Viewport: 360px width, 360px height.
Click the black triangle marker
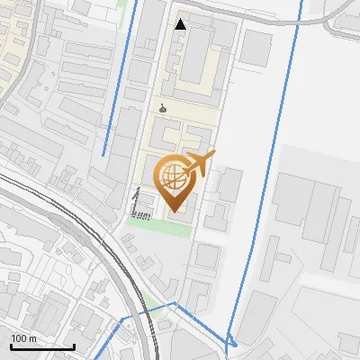click(x=181, y=24)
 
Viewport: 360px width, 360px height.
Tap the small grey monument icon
click(x=162, y=109)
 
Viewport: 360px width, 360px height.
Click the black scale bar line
click(x=41, y=346)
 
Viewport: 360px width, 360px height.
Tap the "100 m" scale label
click(x=23, y=338)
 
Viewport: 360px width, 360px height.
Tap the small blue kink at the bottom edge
click(x=232, y=341)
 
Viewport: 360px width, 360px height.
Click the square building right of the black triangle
click(x=256, y=47)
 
